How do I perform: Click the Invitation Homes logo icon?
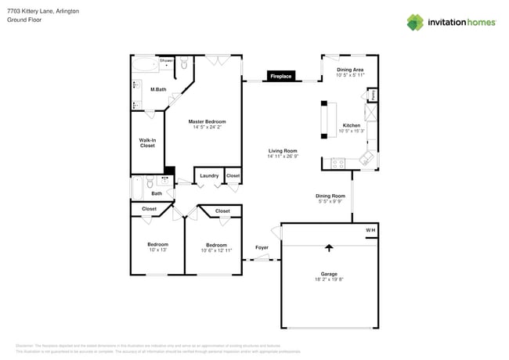point(416,22)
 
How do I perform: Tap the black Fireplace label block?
point(280,77)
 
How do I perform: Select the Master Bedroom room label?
point(207,122)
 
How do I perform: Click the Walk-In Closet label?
point(146,142)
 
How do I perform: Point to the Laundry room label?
point(209,176)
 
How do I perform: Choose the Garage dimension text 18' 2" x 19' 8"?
point(329,279)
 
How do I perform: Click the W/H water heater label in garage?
point(371,230)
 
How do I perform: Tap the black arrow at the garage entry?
point(329,248)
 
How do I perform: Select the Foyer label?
point(262,248)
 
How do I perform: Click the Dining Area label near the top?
point(350,70)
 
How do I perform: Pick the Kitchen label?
point(351,125)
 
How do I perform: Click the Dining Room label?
point(330,196)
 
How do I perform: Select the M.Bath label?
point(158,89)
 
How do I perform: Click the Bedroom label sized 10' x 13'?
point(157,244)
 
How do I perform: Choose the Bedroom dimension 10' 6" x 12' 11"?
point(216,250)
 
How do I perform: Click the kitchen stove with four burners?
point(338,163)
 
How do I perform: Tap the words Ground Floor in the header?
point(24,20)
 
